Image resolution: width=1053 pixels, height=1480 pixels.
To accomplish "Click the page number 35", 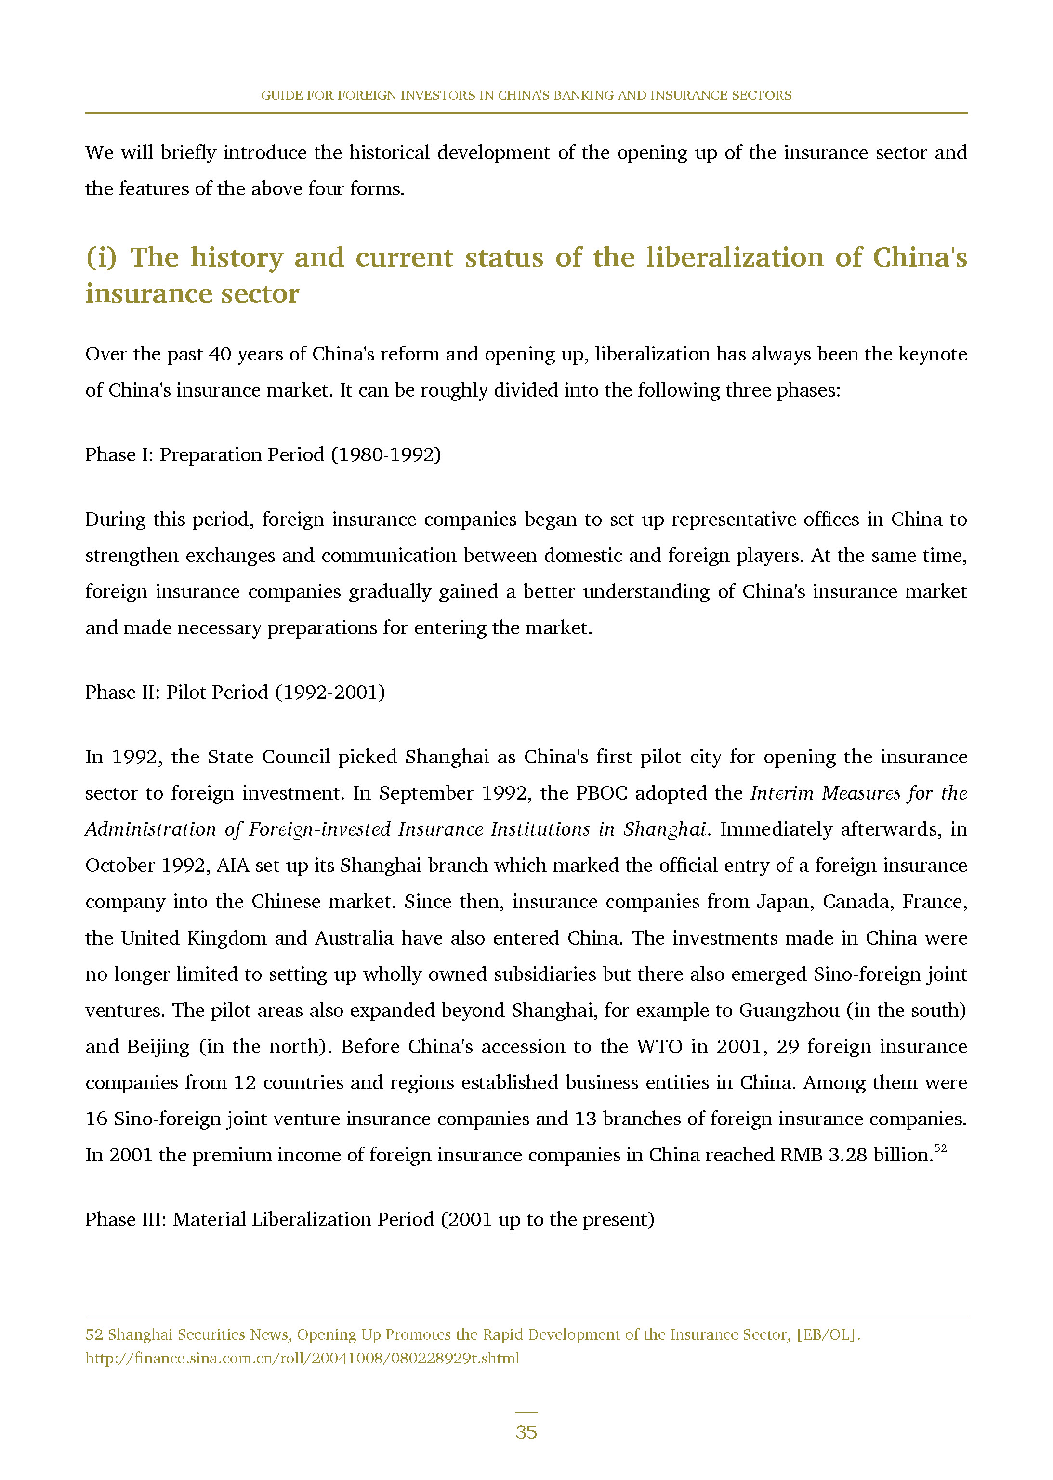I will tap(526, 1431).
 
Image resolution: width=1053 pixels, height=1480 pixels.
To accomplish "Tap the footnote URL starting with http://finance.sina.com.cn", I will tap(302, 1358).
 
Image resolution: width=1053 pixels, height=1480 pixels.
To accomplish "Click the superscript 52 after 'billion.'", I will tap(940, 1148).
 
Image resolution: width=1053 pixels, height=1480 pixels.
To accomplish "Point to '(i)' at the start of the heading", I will tap(102, 257).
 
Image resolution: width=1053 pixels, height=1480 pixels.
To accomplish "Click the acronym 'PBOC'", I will tap(601, 793).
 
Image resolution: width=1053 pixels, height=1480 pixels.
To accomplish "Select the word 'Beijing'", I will tap(158, 1046).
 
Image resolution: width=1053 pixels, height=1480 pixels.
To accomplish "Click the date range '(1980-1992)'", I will tap(386, 454).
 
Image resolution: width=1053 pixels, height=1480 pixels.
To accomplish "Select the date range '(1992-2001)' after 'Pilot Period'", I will tap(330, 692).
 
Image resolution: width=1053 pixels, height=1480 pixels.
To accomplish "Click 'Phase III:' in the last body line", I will tap(126, 1219).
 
